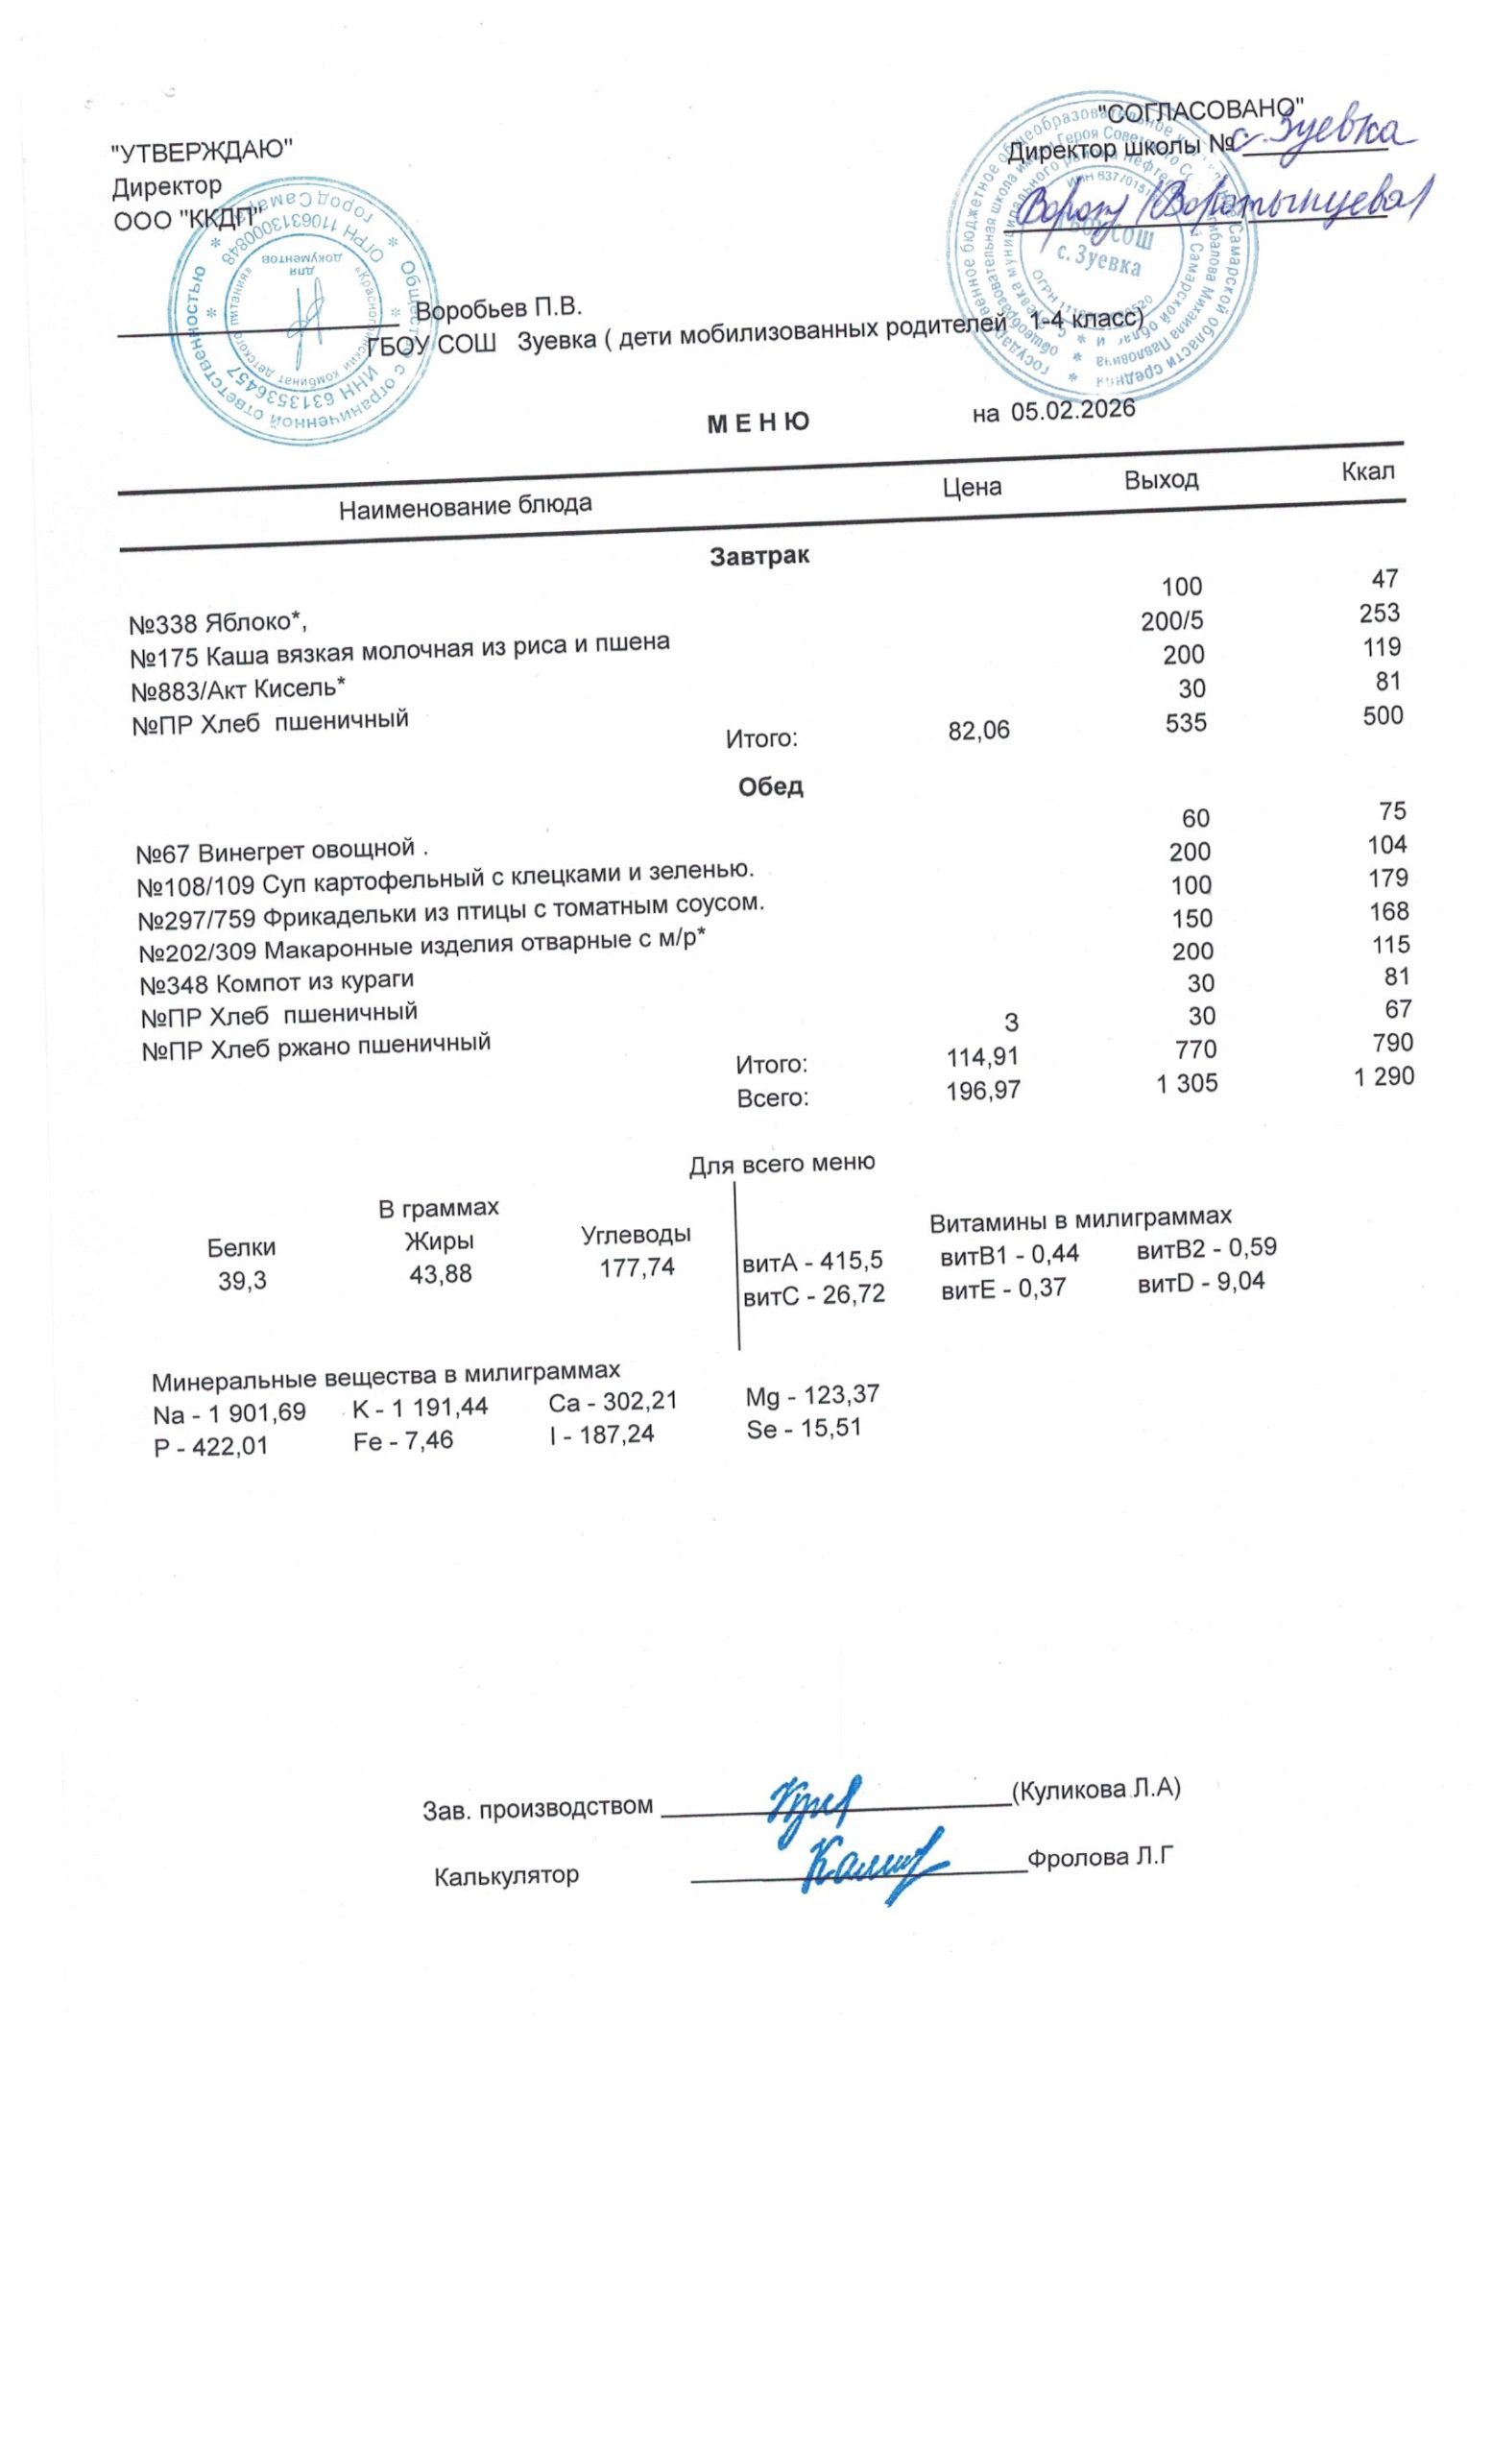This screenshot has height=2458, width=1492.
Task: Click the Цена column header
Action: click(972, 487)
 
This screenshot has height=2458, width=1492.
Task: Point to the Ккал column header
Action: click(1367, 470)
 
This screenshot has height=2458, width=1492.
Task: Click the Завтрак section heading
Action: click(759, 556)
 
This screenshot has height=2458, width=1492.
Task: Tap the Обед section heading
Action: click(770, 786)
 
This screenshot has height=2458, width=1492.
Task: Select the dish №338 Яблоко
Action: click(218, 623)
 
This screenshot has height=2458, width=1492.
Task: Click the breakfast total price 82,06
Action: click(978, 731)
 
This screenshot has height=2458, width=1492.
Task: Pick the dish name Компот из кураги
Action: click(277, 981)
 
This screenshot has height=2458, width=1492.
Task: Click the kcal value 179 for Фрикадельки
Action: click(1387, 878)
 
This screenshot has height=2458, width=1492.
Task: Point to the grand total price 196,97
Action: click(982, 1090)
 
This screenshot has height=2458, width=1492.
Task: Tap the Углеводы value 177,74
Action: click(637, 1266)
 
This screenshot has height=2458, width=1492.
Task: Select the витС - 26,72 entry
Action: click(814, 1295)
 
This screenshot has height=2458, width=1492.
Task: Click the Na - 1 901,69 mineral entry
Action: click(229, 1413)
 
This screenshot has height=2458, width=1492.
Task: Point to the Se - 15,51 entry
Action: click(803, 1429)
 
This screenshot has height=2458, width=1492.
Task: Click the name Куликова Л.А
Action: click(1095, 1788)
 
